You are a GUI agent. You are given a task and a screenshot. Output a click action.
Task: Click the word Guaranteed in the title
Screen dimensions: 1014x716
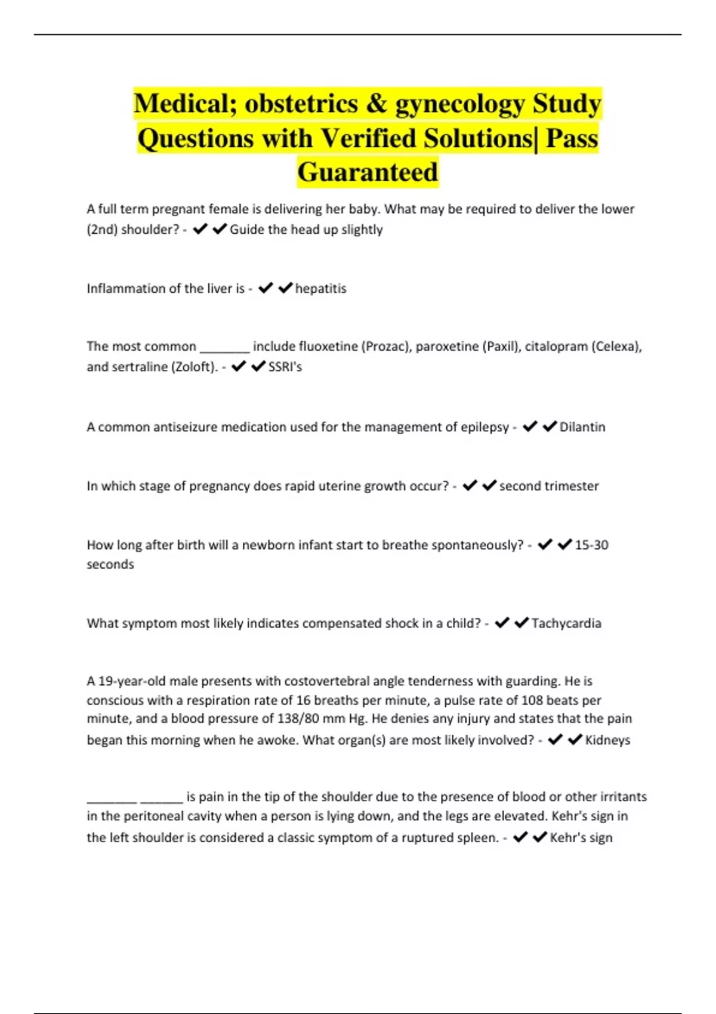click(368, 172)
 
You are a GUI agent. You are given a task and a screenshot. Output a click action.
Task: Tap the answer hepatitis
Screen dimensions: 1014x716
click(320, 289)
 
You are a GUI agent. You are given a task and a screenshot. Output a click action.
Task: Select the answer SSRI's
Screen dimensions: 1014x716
click(285, 367)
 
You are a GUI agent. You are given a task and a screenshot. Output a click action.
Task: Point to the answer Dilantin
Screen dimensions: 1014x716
click(582, 427)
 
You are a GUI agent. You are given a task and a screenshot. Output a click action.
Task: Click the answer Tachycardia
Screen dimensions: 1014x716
click(566, 623)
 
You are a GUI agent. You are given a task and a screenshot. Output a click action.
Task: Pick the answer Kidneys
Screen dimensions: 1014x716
click(607, 740)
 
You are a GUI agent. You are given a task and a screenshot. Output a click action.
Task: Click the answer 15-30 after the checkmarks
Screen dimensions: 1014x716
click(591, 545)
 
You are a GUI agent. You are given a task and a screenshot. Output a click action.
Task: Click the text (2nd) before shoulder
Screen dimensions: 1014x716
click(102, 230)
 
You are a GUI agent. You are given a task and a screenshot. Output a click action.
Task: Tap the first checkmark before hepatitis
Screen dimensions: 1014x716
click(266, 289)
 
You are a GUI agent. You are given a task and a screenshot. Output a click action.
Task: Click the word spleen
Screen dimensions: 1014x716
click(478, 838)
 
